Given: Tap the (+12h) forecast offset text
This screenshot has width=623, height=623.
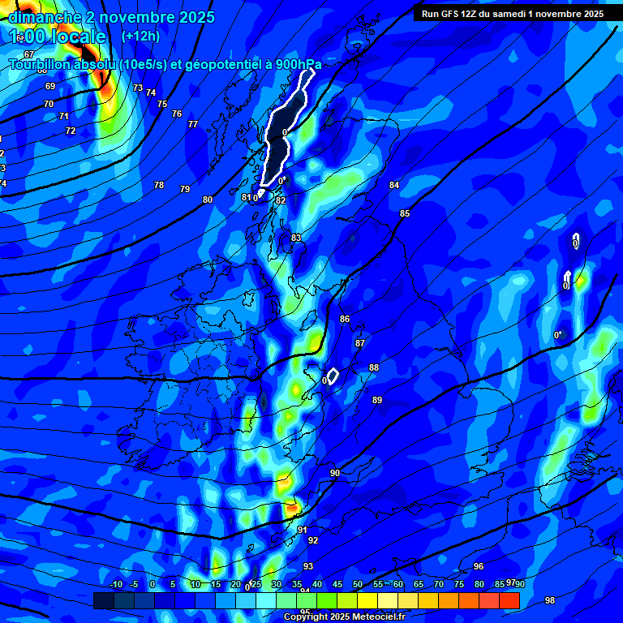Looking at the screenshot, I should click(140, 37).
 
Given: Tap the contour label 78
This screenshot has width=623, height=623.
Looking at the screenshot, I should click(159, 185).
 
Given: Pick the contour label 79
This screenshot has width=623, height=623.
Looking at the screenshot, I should click(185, 189).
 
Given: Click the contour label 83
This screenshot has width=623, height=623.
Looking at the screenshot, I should click(296, 238).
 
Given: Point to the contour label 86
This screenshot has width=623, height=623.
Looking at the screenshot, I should click(345, 319).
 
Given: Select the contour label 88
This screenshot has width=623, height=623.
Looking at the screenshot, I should click(374, 367).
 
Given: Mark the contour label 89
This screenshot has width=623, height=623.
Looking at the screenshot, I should click(377, 400).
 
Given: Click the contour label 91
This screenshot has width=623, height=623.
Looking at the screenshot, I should click(302, 530).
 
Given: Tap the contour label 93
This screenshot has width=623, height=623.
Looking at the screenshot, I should click(308, 566).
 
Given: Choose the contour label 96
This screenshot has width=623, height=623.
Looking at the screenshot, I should click(479, 566).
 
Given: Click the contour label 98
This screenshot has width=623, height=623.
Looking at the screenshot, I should click(550, 600).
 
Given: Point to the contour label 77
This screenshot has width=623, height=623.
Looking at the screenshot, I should click(192, 124).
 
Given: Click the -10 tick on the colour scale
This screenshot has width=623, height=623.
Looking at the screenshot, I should click(115, 585).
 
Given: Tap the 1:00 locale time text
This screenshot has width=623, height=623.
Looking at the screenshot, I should click(57, 37).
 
